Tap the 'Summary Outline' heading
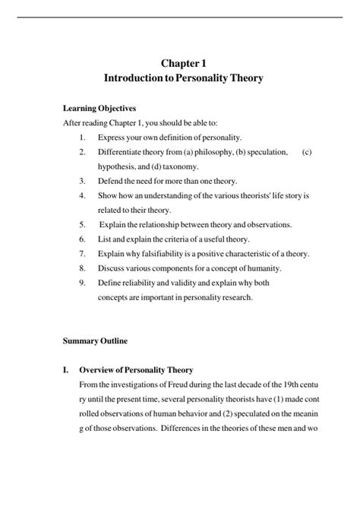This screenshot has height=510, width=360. point(93,341)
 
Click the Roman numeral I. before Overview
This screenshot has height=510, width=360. point(66,370)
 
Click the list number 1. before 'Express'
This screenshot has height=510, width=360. point(82,138)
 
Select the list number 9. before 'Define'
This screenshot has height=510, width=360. point(82,283)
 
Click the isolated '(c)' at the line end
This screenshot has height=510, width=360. point(306,152)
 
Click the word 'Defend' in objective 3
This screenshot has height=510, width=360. point(111,181)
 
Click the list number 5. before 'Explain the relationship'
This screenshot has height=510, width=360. point(82,225)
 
